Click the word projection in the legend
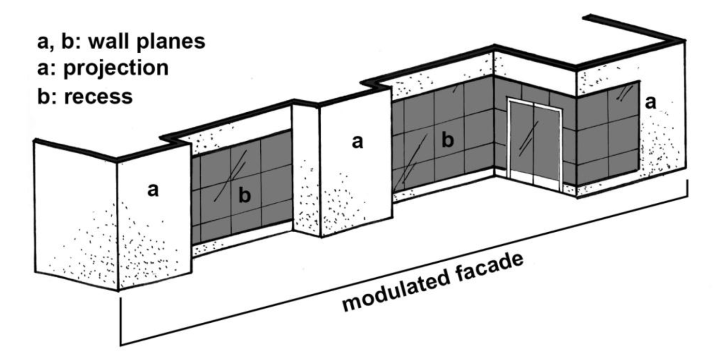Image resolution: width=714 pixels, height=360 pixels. pos(116,68)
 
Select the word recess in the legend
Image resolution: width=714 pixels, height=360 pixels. pos(99,96)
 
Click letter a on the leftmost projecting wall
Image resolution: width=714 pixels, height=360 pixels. pos(153,190)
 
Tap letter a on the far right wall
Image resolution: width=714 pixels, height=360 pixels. pos(651,102)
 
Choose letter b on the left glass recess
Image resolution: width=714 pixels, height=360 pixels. pos(245,196)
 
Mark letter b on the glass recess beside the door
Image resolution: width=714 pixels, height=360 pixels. pos(449,140)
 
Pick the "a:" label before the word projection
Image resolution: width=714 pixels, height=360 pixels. pos(47,68)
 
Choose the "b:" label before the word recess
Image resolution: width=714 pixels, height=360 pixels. pos(47,96)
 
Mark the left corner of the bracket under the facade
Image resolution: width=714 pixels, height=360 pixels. pos(121,343)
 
